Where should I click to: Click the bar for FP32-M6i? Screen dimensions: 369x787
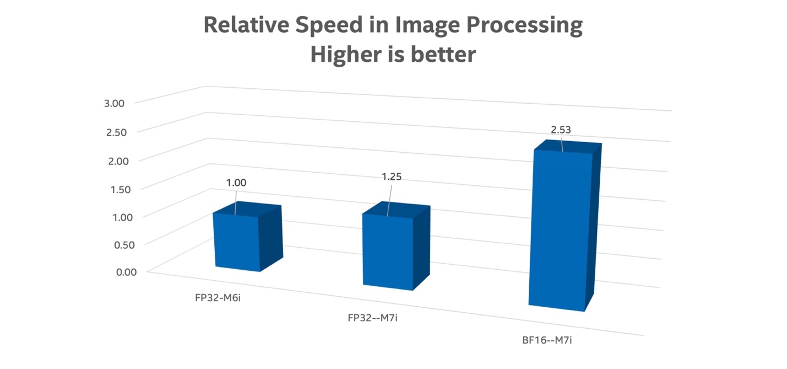237,242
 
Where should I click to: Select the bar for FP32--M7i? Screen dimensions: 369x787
387,251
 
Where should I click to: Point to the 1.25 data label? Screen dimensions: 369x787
392,177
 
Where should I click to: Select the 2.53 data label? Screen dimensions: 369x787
561,130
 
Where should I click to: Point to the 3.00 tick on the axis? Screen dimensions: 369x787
115,103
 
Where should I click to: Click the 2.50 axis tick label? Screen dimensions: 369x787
115,132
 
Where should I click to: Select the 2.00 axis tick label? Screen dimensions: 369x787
115,161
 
